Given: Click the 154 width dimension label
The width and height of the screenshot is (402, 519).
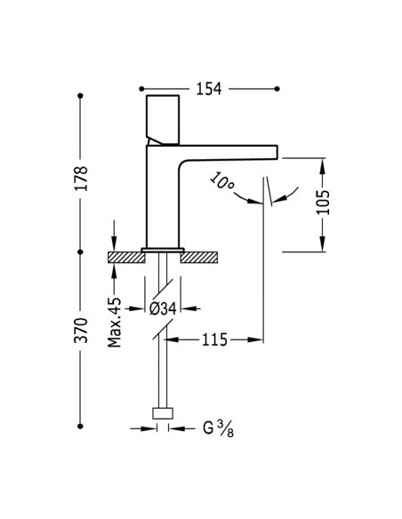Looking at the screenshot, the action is [209, 89].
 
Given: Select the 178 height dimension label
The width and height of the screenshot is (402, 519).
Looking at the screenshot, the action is [81, 178].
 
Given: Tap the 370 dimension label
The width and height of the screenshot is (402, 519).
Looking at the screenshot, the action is [81, 330].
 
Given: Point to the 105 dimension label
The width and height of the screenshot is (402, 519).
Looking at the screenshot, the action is [323, 202].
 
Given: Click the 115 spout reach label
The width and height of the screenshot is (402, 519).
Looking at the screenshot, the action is [215, 339].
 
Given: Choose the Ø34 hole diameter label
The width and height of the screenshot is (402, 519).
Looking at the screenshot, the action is [163, 308].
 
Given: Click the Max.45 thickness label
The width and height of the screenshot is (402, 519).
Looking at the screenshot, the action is [115, 323].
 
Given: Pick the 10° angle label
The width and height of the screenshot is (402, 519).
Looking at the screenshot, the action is [221, 181].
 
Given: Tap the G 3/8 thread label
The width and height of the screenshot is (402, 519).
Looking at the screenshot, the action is [219, 428].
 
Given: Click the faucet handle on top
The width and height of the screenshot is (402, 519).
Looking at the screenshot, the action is [163, 120].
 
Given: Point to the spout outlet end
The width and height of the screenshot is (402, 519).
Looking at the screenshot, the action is [276, 152].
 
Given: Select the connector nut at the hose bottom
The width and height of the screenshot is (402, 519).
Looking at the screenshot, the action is [163, 413].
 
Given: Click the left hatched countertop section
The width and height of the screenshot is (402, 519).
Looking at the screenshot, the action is [127, 258].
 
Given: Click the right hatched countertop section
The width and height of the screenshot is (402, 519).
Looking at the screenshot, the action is [199, 258].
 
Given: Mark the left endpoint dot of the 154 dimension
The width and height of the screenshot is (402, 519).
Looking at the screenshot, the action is [141, 89].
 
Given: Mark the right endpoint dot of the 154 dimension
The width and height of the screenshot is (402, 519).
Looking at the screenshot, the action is [277, 89].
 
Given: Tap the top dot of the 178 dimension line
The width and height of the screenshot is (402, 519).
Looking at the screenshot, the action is [80, 96].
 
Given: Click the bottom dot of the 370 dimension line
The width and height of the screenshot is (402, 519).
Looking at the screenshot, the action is [80, 427].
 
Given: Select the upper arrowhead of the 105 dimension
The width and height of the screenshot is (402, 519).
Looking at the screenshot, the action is [323, 165].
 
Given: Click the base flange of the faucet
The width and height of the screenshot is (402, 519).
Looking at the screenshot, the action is [163, 250].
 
